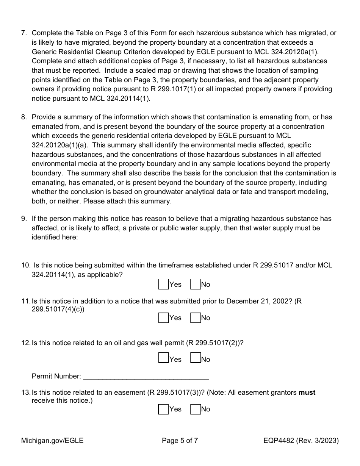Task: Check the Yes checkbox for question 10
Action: tap(163, 284)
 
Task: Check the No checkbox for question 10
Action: tap(196, 284)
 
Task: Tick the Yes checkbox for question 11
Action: tap(163, 318)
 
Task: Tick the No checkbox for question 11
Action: tap(196, 318)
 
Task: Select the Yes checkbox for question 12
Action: tap(163, 358)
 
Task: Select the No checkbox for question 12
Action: tap(196, 358)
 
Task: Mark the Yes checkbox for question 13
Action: tap(163, 409)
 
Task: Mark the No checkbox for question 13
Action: tap(196, 409)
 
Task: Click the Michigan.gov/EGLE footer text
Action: tap(52, 441)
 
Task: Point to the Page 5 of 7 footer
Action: tap(180, 441)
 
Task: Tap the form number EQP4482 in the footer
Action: tap(279, 441)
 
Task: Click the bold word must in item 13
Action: tap(307, 393)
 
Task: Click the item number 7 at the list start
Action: tap(23, 33)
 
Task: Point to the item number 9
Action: tap(23, 219)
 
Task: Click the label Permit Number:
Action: tap(56, 376)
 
